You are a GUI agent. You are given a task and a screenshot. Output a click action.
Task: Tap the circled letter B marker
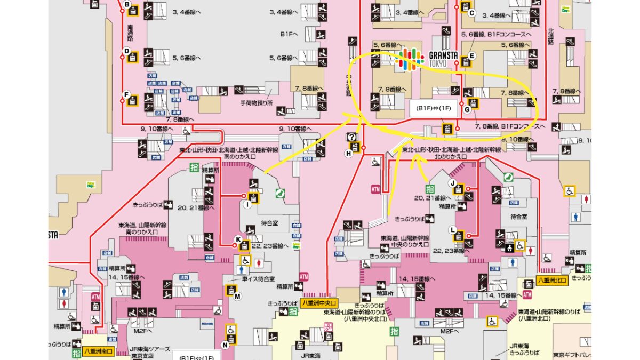coord(127,5)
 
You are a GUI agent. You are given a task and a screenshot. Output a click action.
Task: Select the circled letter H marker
coord(349,153)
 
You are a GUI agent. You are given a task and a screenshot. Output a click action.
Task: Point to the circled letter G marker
coord(467,110)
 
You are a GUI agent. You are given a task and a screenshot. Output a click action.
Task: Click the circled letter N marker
coord(225,345)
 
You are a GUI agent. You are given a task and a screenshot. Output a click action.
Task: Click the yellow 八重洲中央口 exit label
coord(320,302)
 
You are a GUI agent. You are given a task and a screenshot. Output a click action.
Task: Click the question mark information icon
coord(351,137)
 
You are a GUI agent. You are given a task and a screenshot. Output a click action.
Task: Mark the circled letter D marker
coord(127,51)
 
